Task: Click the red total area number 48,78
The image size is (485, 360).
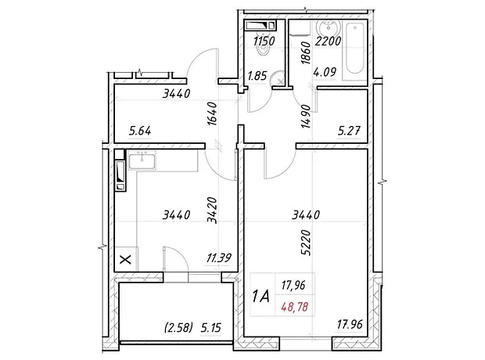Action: click(x=294, y=307)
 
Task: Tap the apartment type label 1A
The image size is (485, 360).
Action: click(x=260, y=297)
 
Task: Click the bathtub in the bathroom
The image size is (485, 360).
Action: click(x=355, y=49)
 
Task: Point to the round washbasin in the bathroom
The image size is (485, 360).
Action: click(x=328, y=30)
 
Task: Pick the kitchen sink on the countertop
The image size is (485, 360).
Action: click(x=142, y=160)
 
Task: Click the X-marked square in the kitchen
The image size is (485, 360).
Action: click(x=125, y=259)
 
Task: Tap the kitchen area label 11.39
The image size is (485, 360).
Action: click(x=219, y=257)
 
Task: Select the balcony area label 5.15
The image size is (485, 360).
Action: click(x=211, y=327)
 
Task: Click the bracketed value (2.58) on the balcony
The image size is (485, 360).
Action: click(x=179, y=327)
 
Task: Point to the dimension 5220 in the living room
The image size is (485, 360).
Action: click(x=306, y=243)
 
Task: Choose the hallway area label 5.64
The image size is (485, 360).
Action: click(x=140, y=131)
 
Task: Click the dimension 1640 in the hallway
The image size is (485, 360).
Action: click(x=213, y=114)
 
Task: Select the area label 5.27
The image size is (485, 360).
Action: click(x=349, y=131)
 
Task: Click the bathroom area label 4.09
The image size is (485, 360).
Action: click(x=325, y=73)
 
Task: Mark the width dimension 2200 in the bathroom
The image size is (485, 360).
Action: click(x=328, y=41)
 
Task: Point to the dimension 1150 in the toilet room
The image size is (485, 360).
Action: click(x=264, y=41)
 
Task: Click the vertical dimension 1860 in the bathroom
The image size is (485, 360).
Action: click(x=306, y=53)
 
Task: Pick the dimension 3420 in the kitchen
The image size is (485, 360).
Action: click(x=213, y=211)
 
